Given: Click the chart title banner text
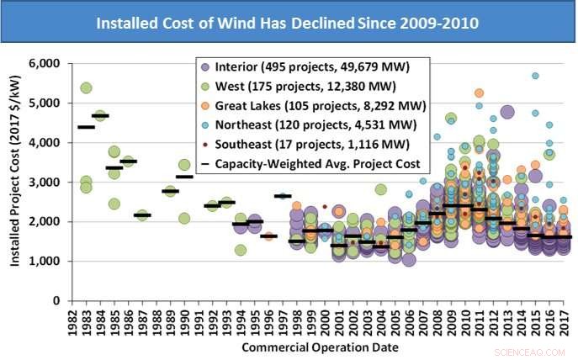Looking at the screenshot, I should click(x=288, y=23).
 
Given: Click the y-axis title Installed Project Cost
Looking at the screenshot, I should click(x=15, y=182).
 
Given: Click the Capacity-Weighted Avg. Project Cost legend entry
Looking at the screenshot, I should click(x=323, y=163).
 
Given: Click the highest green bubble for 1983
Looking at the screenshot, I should click(x=86, y=87).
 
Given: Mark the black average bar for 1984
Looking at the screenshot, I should click(x=100, y=116).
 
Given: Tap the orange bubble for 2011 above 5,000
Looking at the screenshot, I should click(x=479, y=93).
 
